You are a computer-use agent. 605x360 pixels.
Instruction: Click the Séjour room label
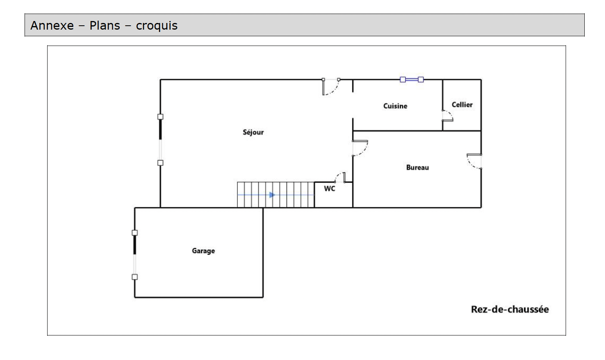click(253, 132)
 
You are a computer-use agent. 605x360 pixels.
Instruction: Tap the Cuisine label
click(395, 106)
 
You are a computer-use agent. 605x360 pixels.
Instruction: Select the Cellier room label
click(462, 105)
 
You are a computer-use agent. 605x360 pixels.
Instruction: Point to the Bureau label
click(417, 168)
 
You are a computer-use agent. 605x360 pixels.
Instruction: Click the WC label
click(329, 189)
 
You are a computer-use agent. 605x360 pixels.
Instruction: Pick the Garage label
click(203, 251)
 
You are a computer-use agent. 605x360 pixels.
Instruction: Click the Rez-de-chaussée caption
click(509, 309)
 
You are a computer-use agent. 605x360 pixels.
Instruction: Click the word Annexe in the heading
click(52, 26)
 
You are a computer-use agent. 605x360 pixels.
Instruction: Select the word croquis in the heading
click(157, 26)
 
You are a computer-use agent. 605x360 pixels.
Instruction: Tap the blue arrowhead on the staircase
click(272, 195)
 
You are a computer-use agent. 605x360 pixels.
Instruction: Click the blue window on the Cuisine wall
click(412, 79)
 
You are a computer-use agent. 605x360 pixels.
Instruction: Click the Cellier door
click(447, 116)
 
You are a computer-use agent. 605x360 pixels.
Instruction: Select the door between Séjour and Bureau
click(359, 148)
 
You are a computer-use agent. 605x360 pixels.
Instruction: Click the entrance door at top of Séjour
click(331, 86)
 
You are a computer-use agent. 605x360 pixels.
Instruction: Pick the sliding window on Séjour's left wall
click(160, 139)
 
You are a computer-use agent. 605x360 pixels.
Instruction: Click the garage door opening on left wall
click(135, 255)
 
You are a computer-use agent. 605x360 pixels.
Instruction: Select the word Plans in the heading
click(105, 26)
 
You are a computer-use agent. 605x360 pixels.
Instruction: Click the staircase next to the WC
click(275, 194)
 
